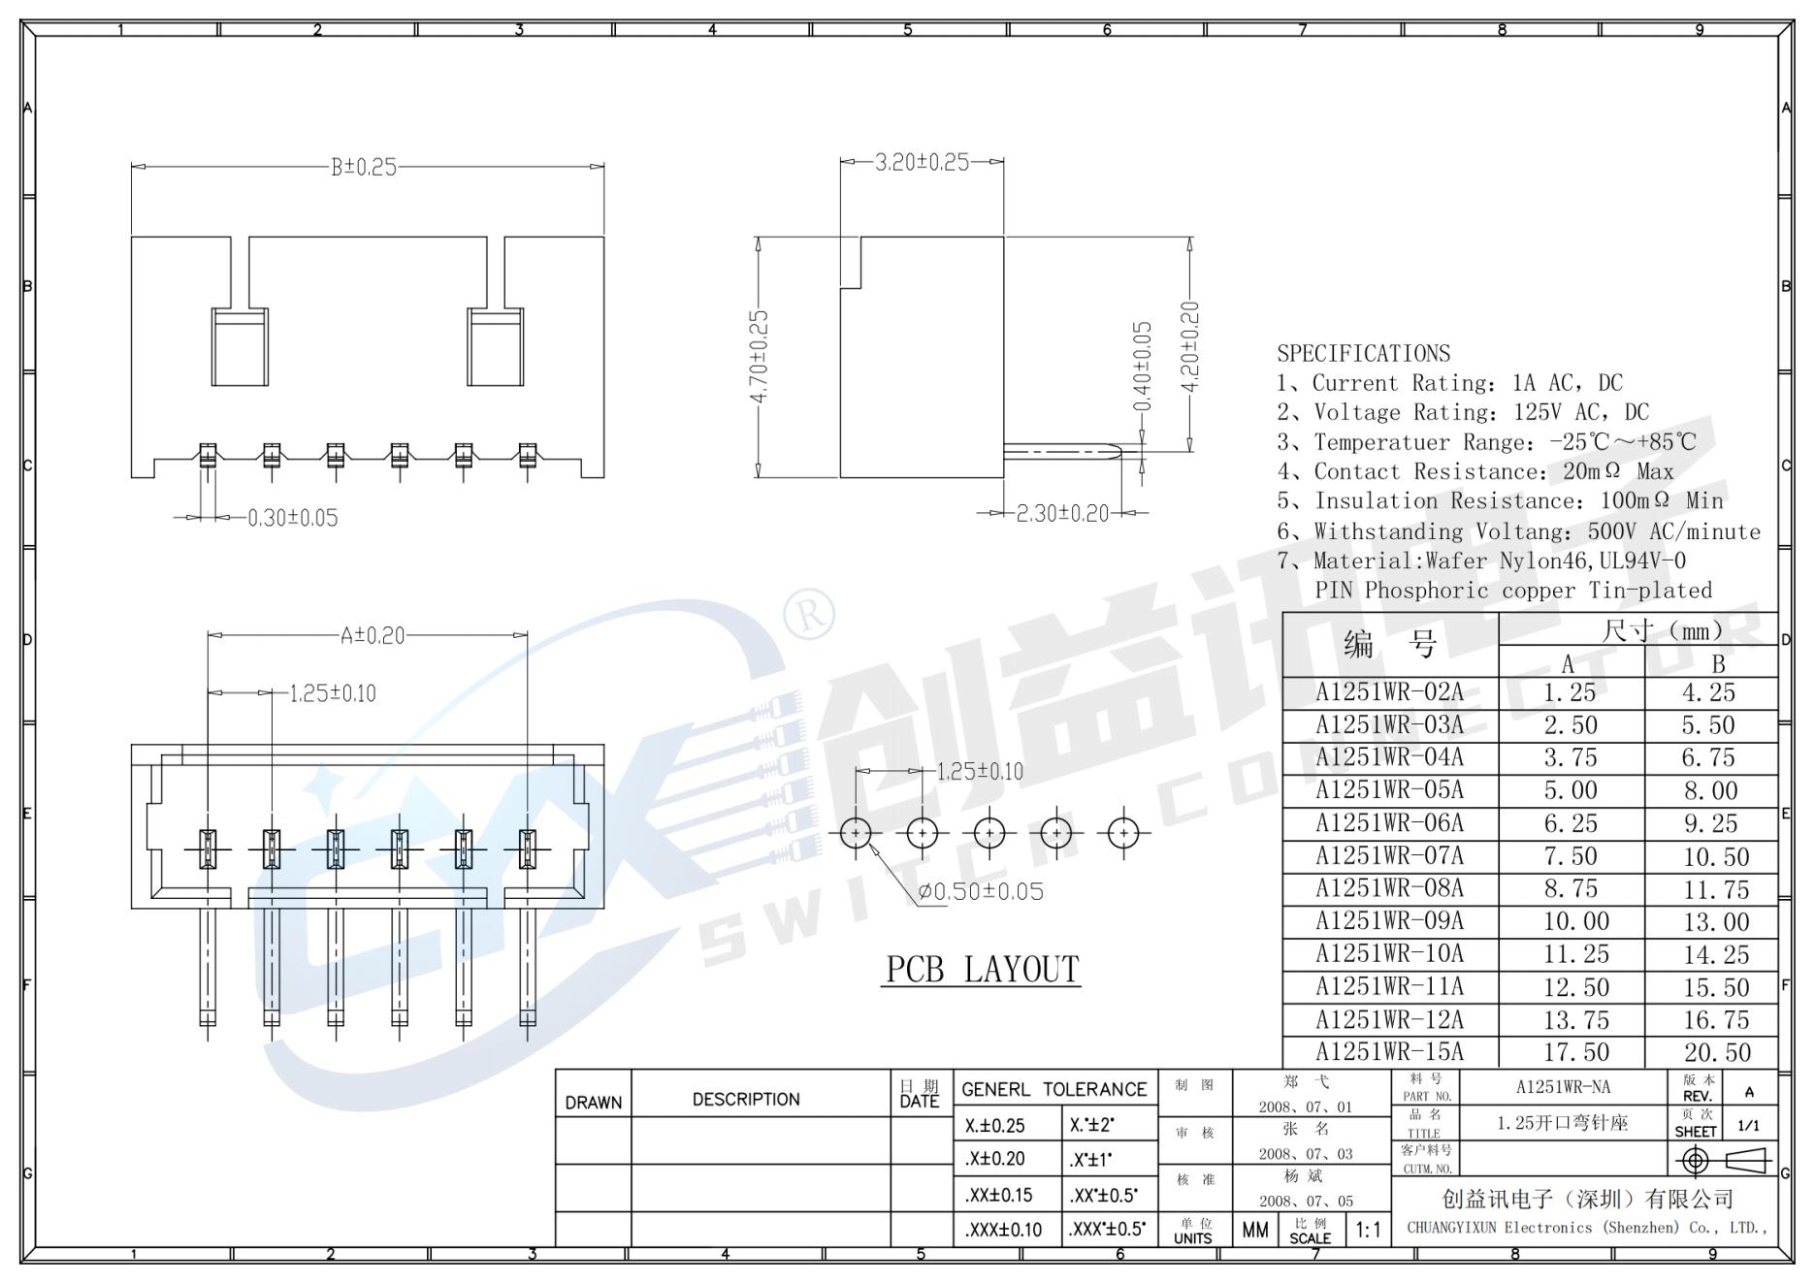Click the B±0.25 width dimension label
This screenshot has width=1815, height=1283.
click(x=364, y=167)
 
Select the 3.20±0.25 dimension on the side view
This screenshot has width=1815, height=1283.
click(x=922, y=162)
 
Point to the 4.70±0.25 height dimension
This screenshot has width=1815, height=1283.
click(x=759, y=357)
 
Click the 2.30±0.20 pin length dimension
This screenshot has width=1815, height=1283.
click(x=1061, y=513)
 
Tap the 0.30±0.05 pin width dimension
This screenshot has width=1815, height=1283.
click(x=292, y=518)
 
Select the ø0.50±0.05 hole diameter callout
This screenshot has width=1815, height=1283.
click(x=981, y=891)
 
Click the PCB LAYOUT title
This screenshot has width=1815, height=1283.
click(x=982, y=969)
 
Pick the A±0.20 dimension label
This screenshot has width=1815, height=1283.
click(x=372, y=636)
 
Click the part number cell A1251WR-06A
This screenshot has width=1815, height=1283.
click(x=1389, y=823)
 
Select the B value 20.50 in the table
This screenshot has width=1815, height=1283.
click(x=1716, y=1052)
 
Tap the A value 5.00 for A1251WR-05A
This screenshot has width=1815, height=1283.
click(x=1571, y=790)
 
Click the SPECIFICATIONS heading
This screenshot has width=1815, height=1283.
click(x=1363, y=353)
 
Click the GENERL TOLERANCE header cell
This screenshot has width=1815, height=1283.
click(x=1054, y=1089)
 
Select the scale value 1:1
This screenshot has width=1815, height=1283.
click(x=1368, y=1231)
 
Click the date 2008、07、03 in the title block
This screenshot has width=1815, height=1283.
click(x=1305, y=1154)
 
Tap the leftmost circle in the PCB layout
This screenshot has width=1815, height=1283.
click(x=856, y=832)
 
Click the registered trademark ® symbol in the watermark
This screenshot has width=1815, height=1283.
click(x=808, y=614)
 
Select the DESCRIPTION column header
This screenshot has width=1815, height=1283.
click(x=746, y=1099)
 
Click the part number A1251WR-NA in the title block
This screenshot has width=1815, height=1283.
click(x=1563, y=1087)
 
